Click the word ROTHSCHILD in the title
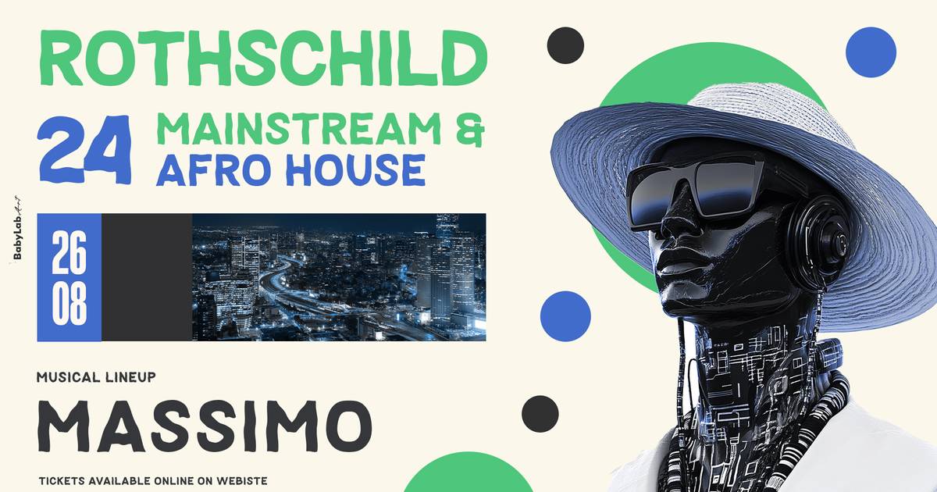[262, 58]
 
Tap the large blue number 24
[85, 149]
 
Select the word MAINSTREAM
[300, 128]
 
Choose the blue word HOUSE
[355, 170]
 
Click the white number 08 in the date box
[69, 303]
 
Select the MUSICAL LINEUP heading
[96, 377]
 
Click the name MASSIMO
[205, 426]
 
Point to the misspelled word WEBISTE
[242, 481]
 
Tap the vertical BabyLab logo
[17, 227]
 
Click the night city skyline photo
[339, 277]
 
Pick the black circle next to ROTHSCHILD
[565, 45]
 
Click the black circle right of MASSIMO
[540, 414]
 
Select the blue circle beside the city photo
[565, 316]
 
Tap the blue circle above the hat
[871, 52]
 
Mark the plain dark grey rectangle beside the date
[147, 277]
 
